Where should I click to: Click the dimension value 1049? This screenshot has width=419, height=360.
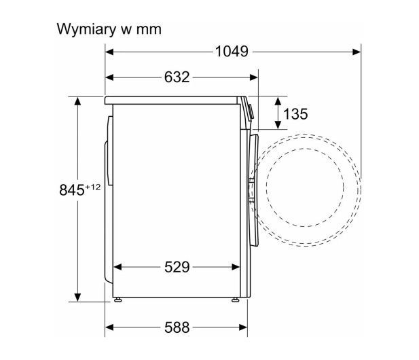click(232, 52)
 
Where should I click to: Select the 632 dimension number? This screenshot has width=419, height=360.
click(177, 77)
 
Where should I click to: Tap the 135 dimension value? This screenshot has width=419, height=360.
click(295, 114)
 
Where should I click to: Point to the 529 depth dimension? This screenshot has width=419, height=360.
click(177, 267)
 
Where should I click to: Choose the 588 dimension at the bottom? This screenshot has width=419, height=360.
click(177, 327)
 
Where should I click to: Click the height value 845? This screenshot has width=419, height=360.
click(71, 190)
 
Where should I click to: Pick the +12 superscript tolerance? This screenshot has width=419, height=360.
click(93, 187)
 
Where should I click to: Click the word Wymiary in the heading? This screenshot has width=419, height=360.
click(87, 29)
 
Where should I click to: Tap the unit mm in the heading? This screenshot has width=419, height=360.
click(149, 30)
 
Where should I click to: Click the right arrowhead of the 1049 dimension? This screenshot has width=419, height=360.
click(357, 52)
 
